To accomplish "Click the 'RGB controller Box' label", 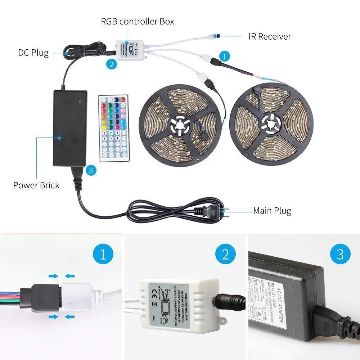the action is (x=137, y=22).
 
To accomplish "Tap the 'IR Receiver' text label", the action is (x=269, y=36).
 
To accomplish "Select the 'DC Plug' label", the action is (x=33, y=53).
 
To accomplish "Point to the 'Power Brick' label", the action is (x=36, y=185).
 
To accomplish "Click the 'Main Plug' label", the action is (x=272, y=211).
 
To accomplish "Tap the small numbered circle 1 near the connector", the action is (x=224, y=56).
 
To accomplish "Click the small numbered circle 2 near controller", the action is (x=112, y=64).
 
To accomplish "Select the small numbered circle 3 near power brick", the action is (x=90, y=170).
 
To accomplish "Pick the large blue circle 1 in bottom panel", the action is (x=103, y=255).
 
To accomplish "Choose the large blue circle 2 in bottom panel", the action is (x=225, y=255).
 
